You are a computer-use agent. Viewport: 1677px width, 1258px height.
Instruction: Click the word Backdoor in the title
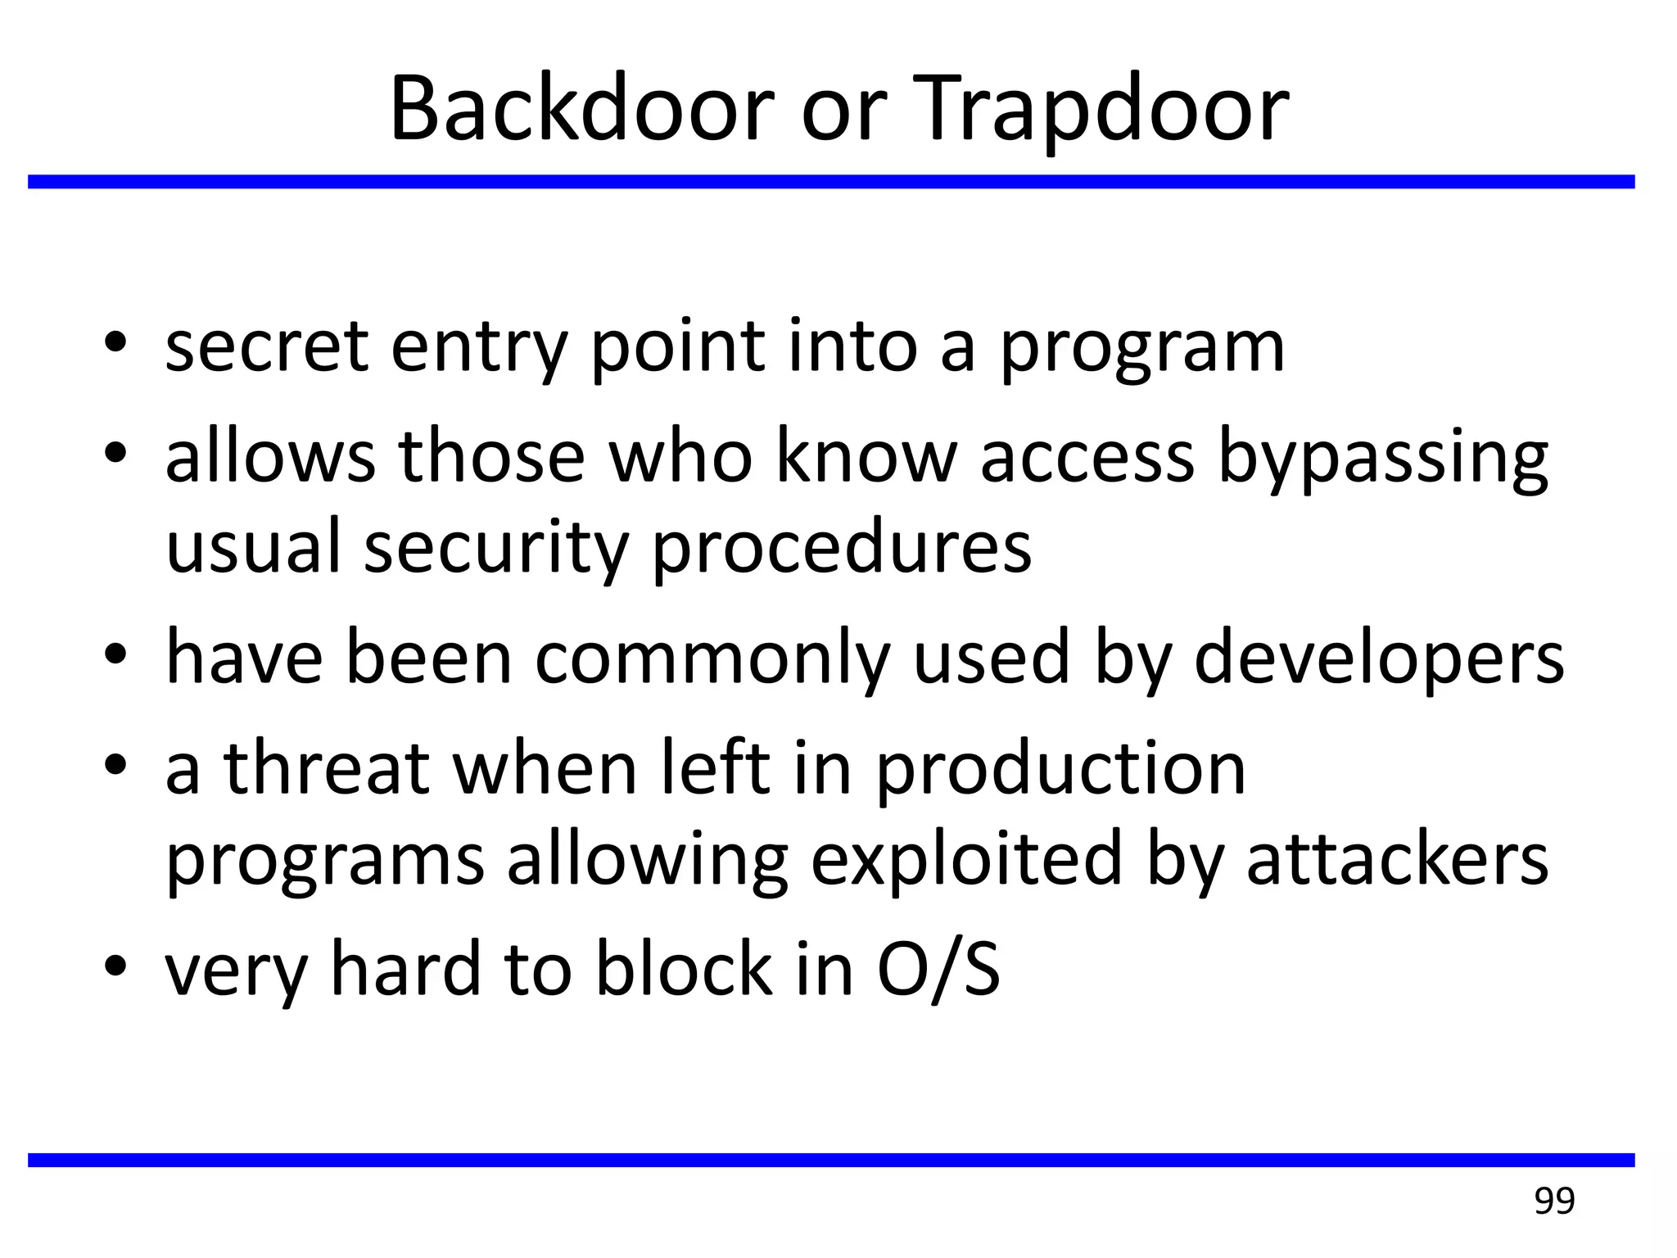point(581,109)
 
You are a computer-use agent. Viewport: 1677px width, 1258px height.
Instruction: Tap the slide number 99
point(1553,1201)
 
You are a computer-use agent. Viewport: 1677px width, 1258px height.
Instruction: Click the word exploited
point(965,862)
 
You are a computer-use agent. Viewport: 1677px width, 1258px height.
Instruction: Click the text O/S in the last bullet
point(938,969)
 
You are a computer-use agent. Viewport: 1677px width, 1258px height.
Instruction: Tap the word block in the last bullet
point(683,969)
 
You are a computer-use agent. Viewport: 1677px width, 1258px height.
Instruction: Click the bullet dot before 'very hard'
point(115,965)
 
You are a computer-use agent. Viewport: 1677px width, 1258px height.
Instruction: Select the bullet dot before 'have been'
point(115,654)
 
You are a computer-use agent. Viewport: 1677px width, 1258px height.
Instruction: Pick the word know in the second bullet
point(866,457)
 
